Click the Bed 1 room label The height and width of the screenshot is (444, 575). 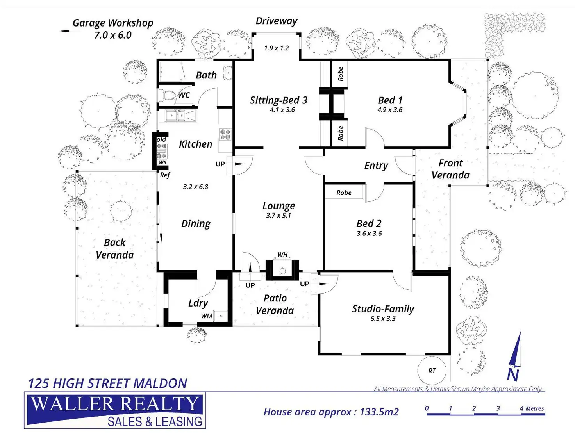pyautogui.click(x=390, y=100)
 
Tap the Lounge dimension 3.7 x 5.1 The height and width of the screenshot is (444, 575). pyautogui.click(x=279, y=215)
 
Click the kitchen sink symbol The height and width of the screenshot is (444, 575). pyautogui.click(x=175, y=116)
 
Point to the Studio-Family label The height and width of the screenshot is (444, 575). pyautogui.click(x=383, y=309)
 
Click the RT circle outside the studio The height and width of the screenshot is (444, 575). pyautogui.click(x=432, y=371)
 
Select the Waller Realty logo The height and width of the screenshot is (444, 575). pyautogui.click(x=115, y=411)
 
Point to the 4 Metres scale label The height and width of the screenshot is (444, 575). pyautogui.click(x=532, y=408)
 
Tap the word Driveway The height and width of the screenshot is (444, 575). pyautogui.click(x=276, y=21)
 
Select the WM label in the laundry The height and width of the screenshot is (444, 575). pyautogui.click(x=207, y=316)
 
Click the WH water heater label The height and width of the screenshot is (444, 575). pyautogui.click(x=282, y=255)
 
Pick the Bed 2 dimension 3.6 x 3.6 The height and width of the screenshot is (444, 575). pyautogui.click(x=369, y=234)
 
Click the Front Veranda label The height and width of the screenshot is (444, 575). pyautogui.click(x=450, y=169)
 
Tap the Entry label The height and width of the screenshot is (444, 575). pyautogui.click(x=376, y=166)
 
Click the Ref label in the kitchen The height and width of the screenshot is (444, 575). pyautogui.click(x=165, y=175)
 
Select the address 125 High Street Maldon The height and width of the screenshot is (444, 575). pyautogui.click(x=107, y=383)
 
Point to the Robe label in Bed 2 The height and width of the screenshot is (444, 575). pyautogui.click(x=344, y=193)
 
